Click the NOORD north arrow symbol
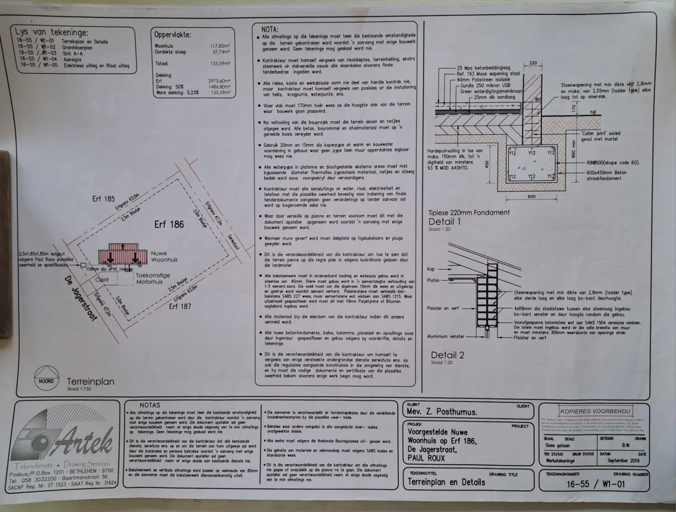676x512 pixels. coord(46,378)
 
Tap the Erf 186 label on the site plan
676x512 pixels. coord(169,224)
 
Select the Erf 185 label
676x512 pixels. coord(103,199)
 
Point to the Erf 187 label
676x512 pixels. coord(180,306)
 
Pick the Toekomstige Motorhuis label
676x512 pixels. coord(152,279)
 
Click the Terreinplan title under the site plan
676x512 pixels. coord(90,381)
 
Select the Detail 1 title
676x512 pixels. coord(444,221)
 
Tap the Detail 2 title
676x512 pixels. coord(447,355)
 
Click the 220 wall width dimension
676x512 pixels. coord(533,63)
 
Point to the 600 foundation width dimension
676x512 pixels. coord(531,197)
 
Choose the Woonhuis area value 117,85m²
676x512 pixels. coord(220,46)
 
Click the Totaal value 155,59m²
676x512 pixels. coord(220,64)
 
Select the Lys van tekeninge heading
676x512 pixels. coord(52,32)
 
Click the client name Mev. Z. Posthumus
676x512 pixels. coord(442,412)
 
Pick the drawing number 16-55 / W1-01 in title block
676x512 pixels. coord(595,484)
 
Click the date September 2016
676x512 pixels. coord(624,460)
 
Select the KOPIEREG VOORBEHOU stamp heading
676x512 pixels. coord(595,411)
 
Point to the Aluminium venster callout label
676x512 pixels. coord(446,337)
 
